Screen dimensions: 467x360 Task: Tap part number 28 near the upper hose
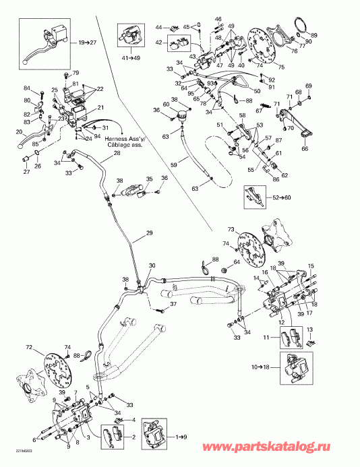pyautogui.click(x=117, y=154)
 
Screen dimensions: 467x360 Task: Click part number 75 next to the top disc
pyautogui.click(x=281, y=67)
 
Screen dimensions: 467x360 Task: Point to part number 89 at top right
pyautogui.click(x=312, y=35)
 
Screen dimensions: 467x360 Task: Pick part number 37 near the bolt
pyautogui.click(x=173, y=304)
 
